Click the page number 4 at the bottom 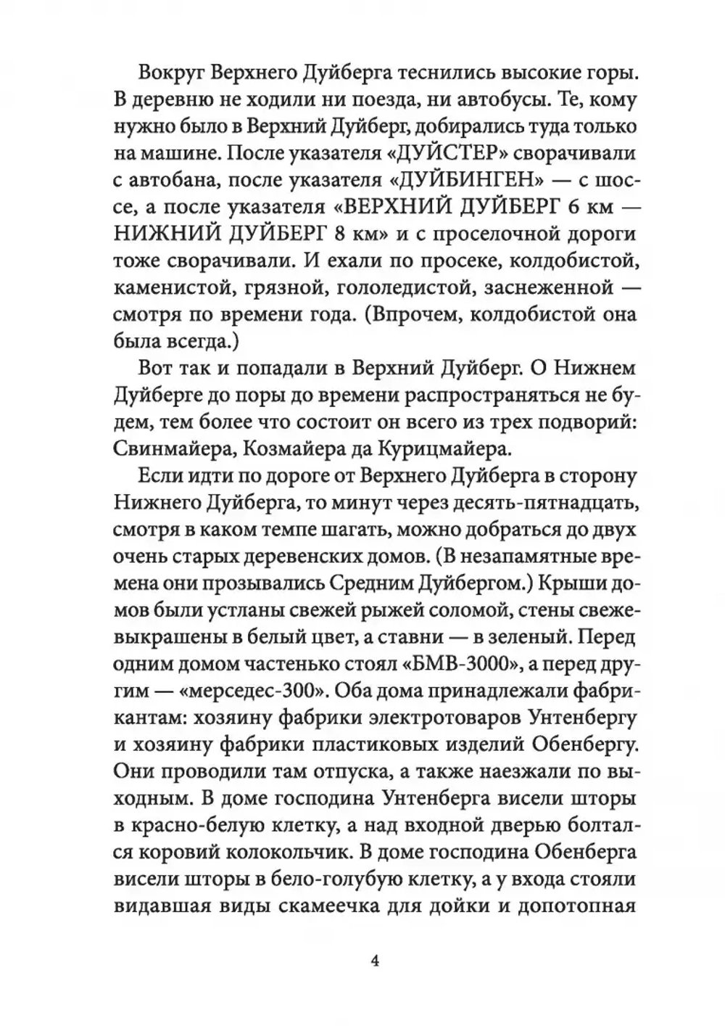click(375, 961)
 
